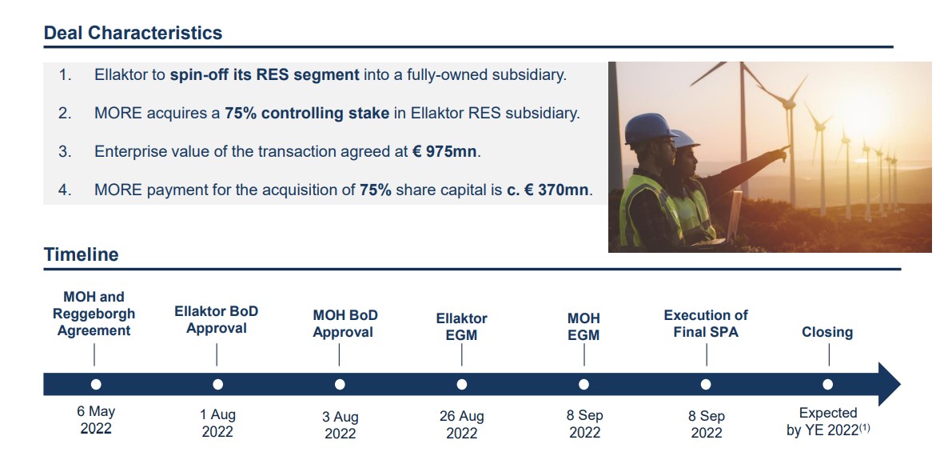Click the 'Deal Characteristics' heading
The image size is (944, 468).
click(133, 33)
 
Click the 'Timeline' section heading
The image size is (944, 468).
click(82, 254)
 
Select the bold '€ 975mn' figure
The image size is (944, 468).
click(445, 151)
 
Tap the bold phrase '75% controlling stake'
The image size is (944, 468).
click(307, 114)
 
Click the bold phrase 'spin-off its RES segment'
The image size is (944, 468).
click(265, 75)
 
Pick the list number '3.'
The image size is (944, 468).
click(65, 151)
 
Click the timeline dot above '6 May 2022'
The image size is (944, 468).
click(96, 384)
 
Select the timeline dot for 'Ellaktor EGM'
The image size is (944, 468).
click(462, 384)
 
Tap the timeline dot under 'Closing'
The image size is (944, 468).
click(828, 384)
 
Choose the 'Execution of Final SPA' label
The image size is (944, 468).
click(706, 323)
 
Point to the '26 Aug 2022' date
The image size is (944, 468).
click(462, 424)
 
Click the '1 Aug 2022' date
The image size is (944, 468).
click(217, 423)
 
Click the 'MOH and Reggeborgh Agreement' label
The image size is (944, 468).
click(94, 314)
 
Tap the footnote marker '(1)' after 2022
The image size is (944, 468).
click(864, 428)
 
